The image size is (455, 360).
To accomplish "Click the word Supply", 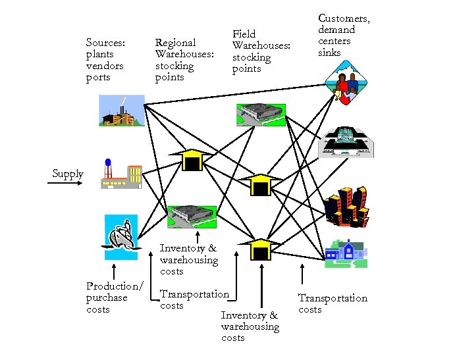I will tap(68, 174).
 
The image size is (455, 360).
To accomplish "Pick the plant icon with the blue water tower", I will tap(120, 173).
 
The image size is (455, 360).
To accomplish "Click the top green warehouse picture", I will tap(261, 115).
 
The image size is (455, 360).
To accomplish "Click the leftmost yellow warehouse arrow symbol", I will tap(191, 159).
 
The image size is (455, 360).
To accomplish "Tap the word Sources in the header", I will tap(105, 43).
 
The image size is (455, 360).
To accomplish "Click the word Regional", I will tap(175, 43).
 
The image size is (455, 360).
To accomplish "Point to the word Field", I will tap(244, 34).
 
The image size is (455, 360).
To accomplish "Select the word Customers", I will tap(344, 18).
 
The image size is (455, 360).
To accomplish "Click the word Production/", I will tap(115, 286).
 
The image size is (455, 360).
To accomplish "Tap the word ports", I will tap(98, 78).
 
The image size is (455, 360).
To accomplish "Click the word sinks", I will tap(329, 52).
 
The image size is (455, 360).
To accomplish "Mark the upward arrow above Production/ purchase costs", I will tap(115, 270).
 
